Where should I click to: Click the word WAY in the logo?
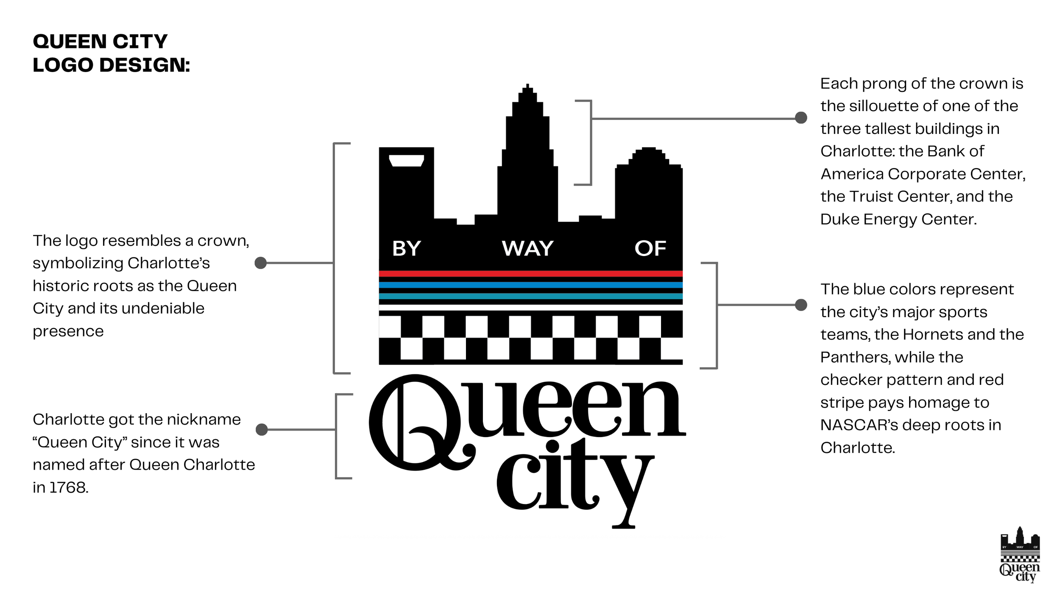click(527, 248)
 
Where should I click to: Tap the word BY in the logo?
click(406, 248)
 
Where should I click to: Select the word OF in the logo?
click(650, 248)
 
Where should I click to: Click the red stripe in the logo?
click(530, 274)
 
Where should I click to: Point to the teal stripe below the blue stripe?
click(530, 296)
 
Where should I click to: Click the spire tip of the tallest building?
click(527, 86)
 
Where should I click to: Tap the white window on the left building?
click(406, 161)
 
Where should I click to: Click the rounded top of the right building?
click(649, 153)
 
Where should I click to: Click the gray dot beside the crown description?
click(260, 263)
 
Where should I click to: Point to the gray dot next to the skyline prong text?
click(801, 118)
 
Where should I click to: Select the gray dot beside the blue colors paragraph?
click(801, 305)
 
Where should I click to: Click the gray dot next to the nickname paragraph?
click(262, 429)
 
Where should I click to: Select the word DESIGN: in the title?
click(145, 65)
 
